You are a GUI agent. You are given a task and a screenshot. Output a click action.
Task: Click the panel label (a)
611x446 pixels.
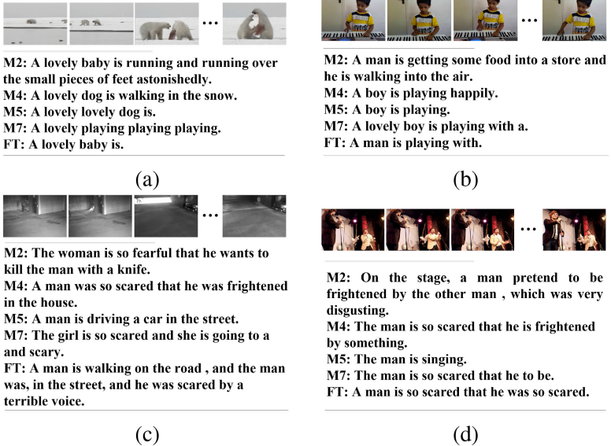tap(147, 179)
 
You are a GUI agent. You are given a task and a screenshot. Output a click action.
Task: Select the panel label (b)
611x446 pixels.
tap(465, 179)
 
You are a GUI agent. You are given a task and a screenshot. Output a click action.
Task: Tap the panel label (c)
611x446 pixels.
tap(147, 433)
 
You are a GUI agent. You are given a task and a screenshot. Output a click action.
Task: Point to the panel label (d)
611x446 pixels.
tap(465, 433)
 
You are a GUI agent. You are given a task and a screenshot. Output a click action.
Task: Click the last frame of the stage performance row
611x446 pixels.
tap(574, 229)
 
